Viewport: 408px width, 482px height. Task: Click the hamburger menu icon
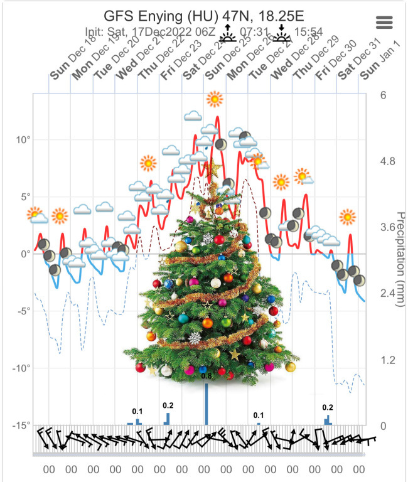tap(384, 22)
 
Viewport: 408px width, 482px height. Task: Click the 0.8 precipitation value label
tap(207, 376)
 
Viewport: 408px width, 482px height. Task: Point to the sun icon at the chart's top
tap(215, 99)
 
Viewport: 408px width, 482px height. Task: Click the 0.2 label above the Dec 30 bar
tap(328, 407)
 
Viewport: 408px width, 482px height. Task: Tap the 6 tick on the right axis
tap(382, 95)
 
